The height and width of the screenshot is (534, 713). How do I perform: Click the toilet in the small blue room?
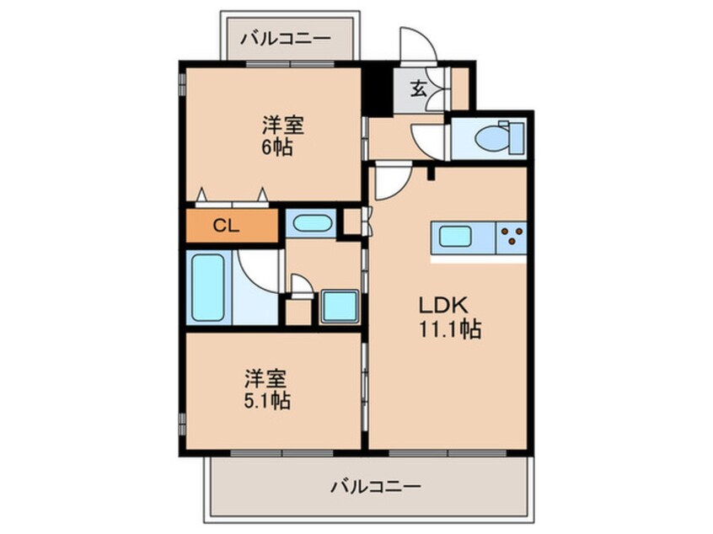pyautogui.click(x=499, y=136)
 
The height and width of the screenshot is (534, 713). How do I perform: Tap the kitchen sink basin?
pyautogui.click(x=455, y=237)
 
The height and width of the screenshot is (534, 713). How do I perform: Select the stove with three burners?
pyautogui.click(x=512, y=237)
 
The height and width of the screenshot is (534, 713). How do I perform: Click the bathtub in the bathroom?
pyautogui.click(x=208, y=288)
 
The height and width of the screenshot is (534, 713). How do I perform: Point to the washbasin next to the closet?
pyautogui.click(x=312, y=223)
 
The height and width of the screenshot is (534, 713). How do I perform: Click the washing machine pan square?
pyautogui.click(x=340, y=307)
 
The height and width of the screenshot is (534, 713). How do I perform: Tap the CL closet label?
pyautogui.click(x=226, y=226)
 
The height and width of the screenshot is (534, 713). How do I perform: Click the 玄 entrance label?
pyautogui.click(x=418, y=88)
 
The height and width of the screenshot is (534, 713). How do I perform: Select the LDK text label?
pyautogui.click(x=443, y=305)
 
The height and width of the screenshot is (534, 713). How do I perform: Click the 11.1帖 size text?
pyautogui.click(x=450, y=329)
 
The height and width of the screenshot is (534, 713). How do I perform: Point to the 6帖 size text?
pyautogui.click(x=277, y=147)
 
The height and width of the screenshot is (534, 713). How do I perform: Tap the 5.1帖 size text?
pyautogui.click(x=267, y=400)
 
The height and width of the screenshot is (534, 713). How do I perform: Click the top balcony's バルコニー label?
pyautogui.click(x=285, y=39)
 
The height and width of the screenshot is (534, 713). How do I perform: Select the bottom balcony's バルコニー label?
pyautogui.click(x=376, y=487)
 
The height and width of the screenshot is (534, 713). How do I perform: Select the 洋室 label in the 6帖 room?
pyautogui.click(x=283, y=125)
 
